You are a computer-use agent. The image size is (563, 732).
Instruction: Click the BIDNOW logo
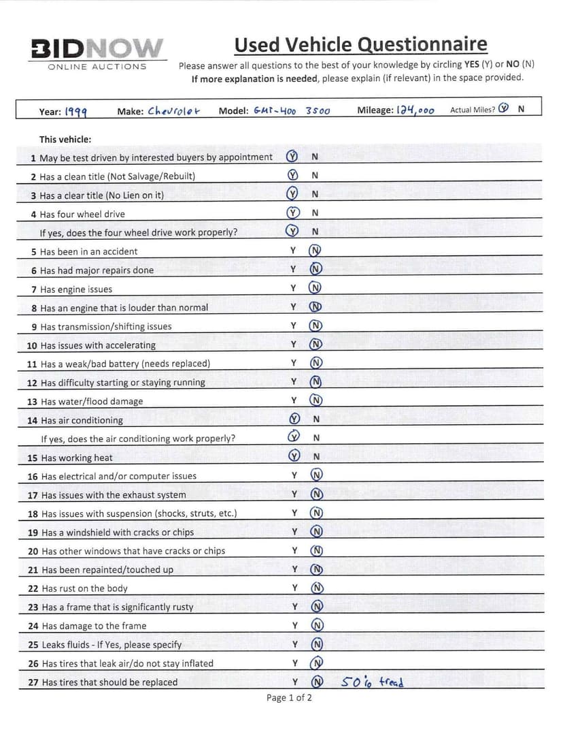point(97,48)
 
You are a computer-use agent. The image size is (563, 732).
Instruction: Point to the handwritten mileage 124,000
point(415,110)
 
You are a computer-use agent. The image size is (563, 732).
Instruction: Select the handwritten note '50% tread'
point(373,681)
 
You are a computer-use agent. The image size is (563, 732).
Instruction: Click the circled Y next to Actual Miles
point(503,109)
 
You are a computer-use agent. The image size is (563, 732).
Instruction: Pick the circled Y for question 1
point(292,157)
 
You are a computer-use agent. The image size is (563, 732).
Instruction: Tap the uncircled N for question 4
point(315,213)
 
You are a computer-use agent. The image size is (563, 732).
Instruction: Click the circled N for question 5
point(315,251)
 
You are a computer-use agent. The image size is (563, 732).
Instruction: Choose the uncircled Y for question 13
point(294,400)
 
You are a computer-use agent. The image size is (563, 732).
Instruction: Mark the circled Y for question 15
point(294,456)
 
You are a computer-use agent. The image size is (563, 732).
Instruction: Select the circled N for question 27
point(316,682)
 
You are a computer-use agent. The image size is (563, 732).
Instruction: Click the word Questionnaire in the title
point(422,45)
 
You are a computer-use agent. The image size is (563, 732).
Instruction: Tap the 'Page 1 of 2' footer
point(290,698)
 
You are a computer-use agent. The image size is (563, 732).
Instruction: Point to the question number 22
point(33,588)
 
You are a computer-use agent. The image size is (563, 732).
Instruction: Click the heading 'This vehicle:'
point(65,140)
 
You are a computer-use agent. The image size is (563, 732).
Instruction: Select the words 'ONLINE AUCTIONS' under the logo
point(97,67)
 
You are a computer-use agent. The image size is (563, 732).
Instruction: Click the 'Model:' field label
point(233,111)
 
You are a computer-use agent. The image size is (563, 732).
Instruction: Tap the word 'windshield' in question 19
point(95,532)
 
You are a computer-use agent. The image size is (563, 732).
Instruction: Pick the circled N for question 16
point(316,475)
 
